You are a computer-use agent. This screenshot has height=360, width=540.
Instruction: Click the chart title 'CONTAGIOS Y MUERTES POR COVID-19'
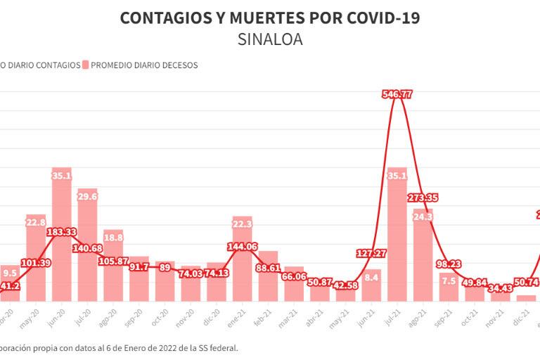(270, 18)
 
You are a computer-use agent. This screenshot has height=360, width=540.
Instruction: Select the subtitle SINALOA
(270, 39)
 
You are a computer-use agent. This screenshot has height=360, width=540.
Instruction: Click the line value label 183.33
(62, 231)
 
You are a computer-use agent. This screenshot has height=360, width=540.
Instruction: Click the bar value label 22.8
(36, 223)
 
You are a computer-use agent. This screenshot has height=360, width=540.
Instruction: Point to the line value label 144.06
(242, 247)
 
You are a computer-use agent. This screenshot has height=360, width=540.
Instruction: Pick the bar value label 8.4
(372, 278)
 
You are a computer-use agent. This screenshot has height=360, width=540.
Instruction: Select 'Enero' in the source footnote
(113, 347)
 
